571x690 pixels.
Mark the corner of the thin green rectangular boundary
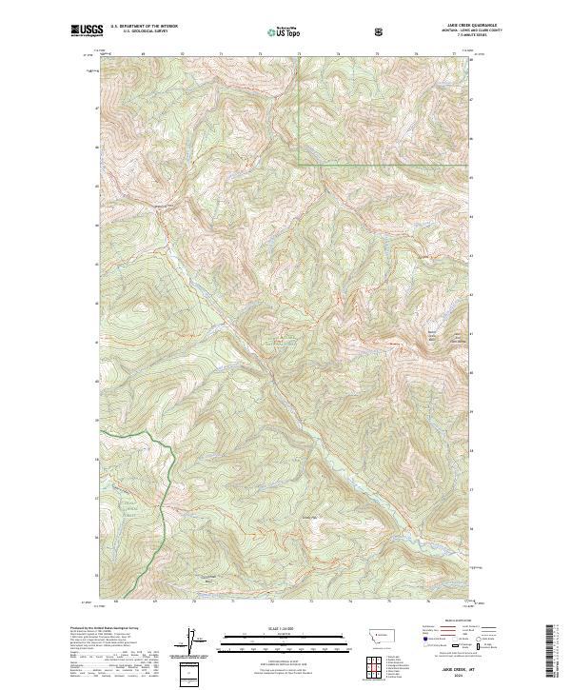click(x=299, y=165)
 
